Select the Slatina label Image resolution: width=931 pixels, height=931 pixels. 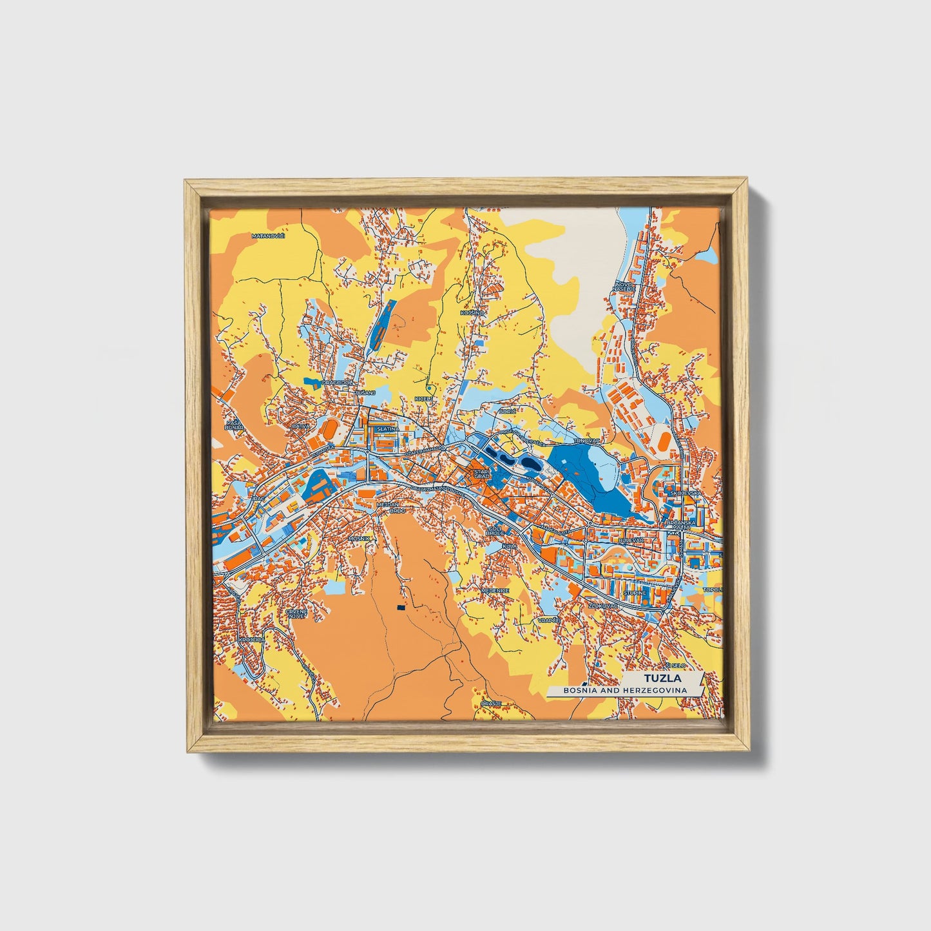388,428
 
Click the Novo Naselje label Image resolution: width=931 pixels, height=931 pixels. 624,286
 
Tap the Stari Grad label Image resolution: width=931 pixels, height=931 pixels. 482,474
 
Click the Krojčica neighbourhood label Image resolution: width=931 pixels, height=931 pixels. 251,640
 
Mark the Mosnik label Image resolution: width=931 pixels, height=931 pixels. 359,538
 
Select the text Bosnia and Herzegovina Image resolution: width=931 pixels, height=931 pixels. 624,690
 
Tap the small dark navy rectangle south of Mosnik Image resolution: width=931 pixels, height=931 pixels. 401,607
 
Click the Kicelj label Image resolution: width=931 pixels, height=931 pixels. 423,399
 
